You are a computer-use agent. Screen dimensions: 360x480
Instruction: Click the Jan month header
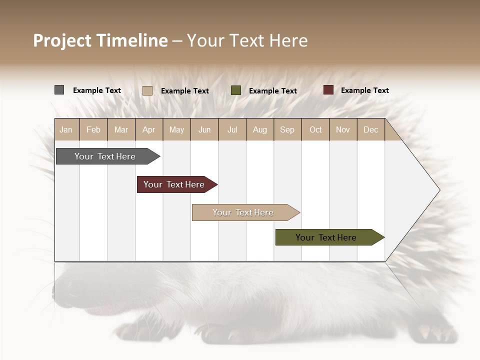pos(66,129)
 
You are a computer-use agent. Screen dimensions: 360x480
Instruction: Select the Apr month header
pos(149,129)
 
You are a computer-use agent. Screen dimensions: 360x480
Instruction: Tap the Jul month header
pos(232,129)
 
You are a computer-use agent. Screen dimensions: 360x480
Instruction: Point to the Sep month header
pos(287,129)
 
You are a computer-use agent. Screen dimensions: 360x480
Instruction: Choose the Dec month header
pos(370,129)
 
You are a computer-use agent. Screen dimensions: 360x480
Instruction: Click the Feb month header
pos(93,129)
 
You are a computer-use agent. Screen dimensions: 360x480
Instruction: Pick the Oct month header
pos(315,129)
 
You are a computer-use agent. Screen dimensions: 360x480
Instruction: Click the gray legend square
pos(59,90)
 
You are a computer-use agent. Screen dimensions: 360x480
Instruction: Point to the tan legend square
pos(147,90)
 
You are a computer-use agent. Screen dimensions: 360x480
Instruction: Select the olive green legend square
pos(236,90)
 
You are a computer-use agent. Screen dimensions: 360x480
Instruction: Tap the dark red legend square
pos(328,90)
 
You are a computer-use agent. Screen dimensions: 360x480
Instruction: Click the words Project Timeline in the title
pos(100,40)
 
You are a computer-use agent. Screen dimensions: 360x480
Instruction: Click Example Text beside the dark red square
pos(364,90)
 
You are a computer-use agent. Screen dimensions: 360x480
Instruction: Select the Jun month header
pos(204,129)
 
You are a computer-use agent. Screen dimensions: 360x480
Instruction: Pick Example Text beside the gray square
pos(97,90)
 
